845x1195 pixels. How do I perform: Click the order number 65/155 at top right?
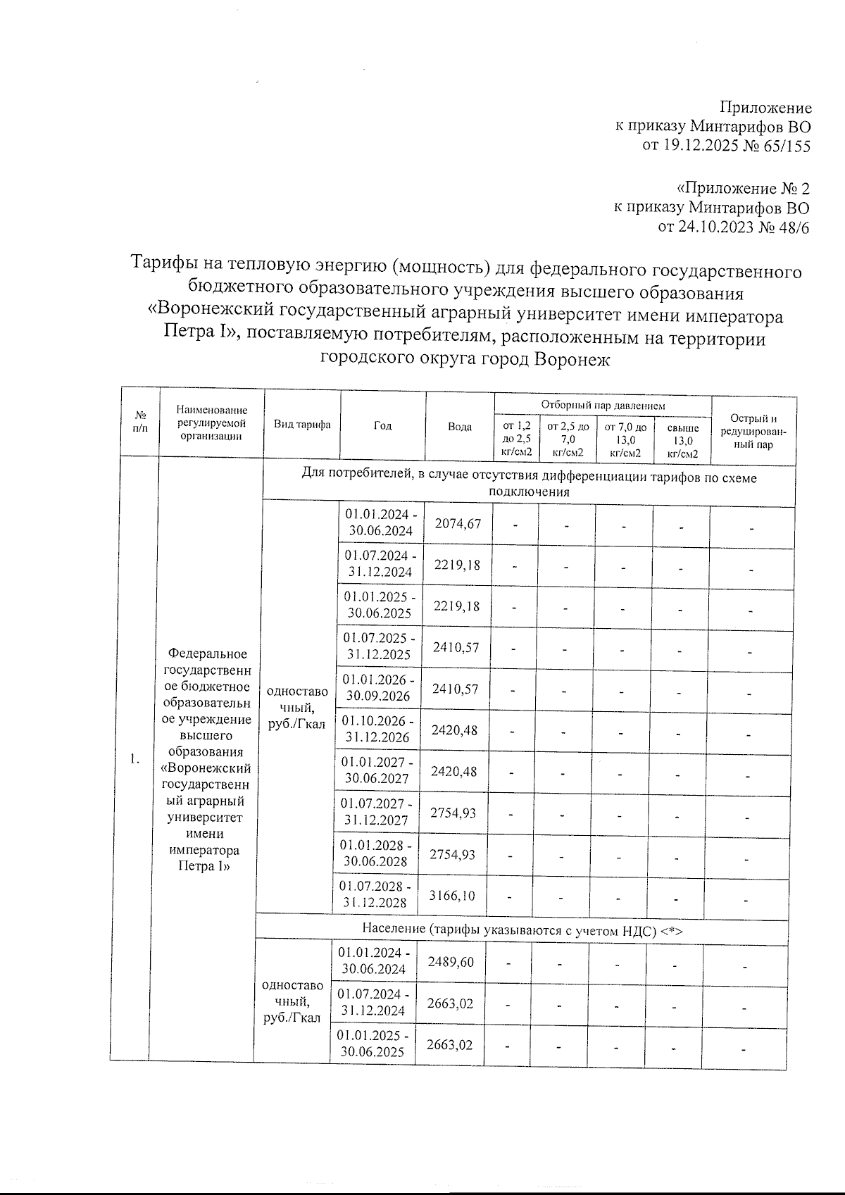pyautogui.click(x=783, y=146)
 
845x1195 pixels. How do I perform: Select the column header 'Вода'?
pyautogui.click(x=460, y=427)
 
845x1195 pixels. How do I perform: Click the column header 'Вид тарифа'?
pyautogui.click(x=302, y=425)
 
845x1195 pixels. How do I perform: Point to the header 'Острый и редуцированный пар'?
pyautogui.click(x=753, y=432)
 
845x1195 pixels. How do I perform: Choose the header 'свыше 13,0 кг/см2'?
pyautogui.click(x=682, y=440)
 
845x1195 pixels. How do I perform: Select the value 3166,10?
pyautogui.click(x=453, y=895)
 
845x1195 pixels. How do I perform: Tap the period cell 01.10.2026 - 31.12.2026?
pyautogui.click(x=377, y=730)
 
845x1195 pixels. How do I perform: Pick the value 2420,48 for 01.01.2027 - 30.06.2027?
pyautogui.click(x=454, y=771)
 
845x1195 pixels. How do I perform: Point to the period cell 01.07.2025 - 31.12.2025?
pyautogui.click(x=380, y=646)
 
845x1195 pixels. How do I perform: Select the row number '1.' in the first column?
pyautogui.click(x=135, y=758)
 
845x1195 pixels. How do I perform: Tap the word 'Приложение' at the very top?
pyautogui.click(x=765, y=108)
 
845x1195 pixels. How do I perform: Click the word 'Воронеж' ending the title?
pyautogui.click(x=571, y=359)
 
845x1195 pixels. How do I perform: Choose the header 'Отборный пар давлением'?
pyautogui.click(x=602, y=406)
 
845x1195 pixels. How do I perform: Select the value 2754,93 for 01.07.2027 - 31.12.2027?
pyautogui.click(x=453, y=813)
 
